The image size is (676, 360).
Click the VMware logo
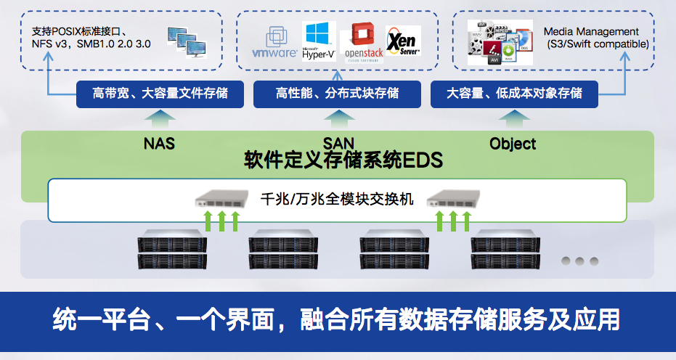coord(274,43)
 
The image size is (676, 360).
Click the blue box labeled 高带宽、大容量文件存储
coord(160,94)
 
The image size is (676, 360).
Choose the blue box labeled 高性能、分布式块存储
coord(337,94)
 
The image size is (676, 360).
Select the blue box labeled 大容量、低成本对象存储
coord(513,94)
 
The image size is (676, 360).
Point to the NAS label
coord(159,143)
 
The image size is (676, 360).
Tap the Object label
coord(513,143)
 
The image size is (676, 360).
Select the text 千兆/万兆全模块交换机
coord(336,198)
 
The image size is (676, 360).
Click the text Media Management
coord(592,32)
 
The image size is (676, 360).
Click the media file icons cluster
coord(502,41)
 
